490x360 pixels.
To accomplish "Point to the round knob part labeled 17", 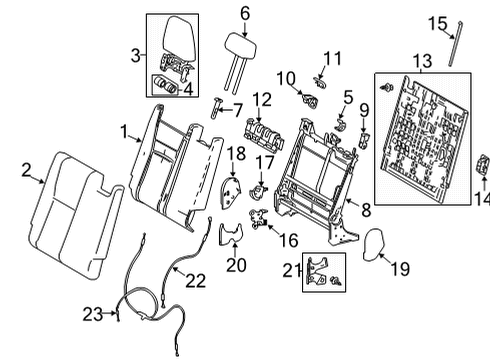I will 264,188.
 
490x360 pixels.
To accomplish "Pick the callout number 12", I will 261,98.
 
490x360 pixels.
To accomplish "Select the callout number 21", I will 289,268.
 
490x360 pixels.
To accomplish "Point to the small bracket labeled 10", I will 308,99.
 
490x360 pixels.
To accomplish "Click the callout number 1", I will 123,131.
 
